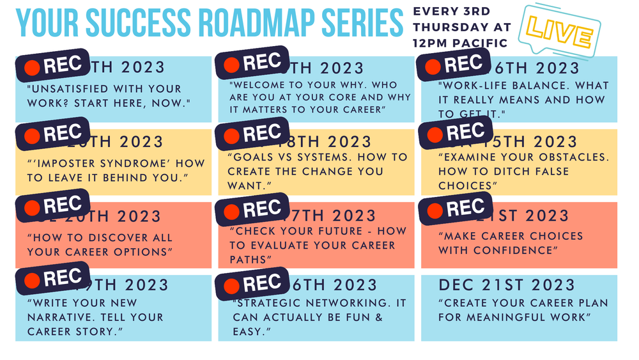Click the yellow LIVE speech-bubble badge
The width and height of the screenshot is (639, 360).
pos(561,31)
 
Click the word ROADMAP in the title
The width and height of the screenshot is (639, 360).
pos(249,24)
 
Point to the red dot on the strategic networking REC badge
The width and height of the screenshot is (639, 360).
pos(233,285)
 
